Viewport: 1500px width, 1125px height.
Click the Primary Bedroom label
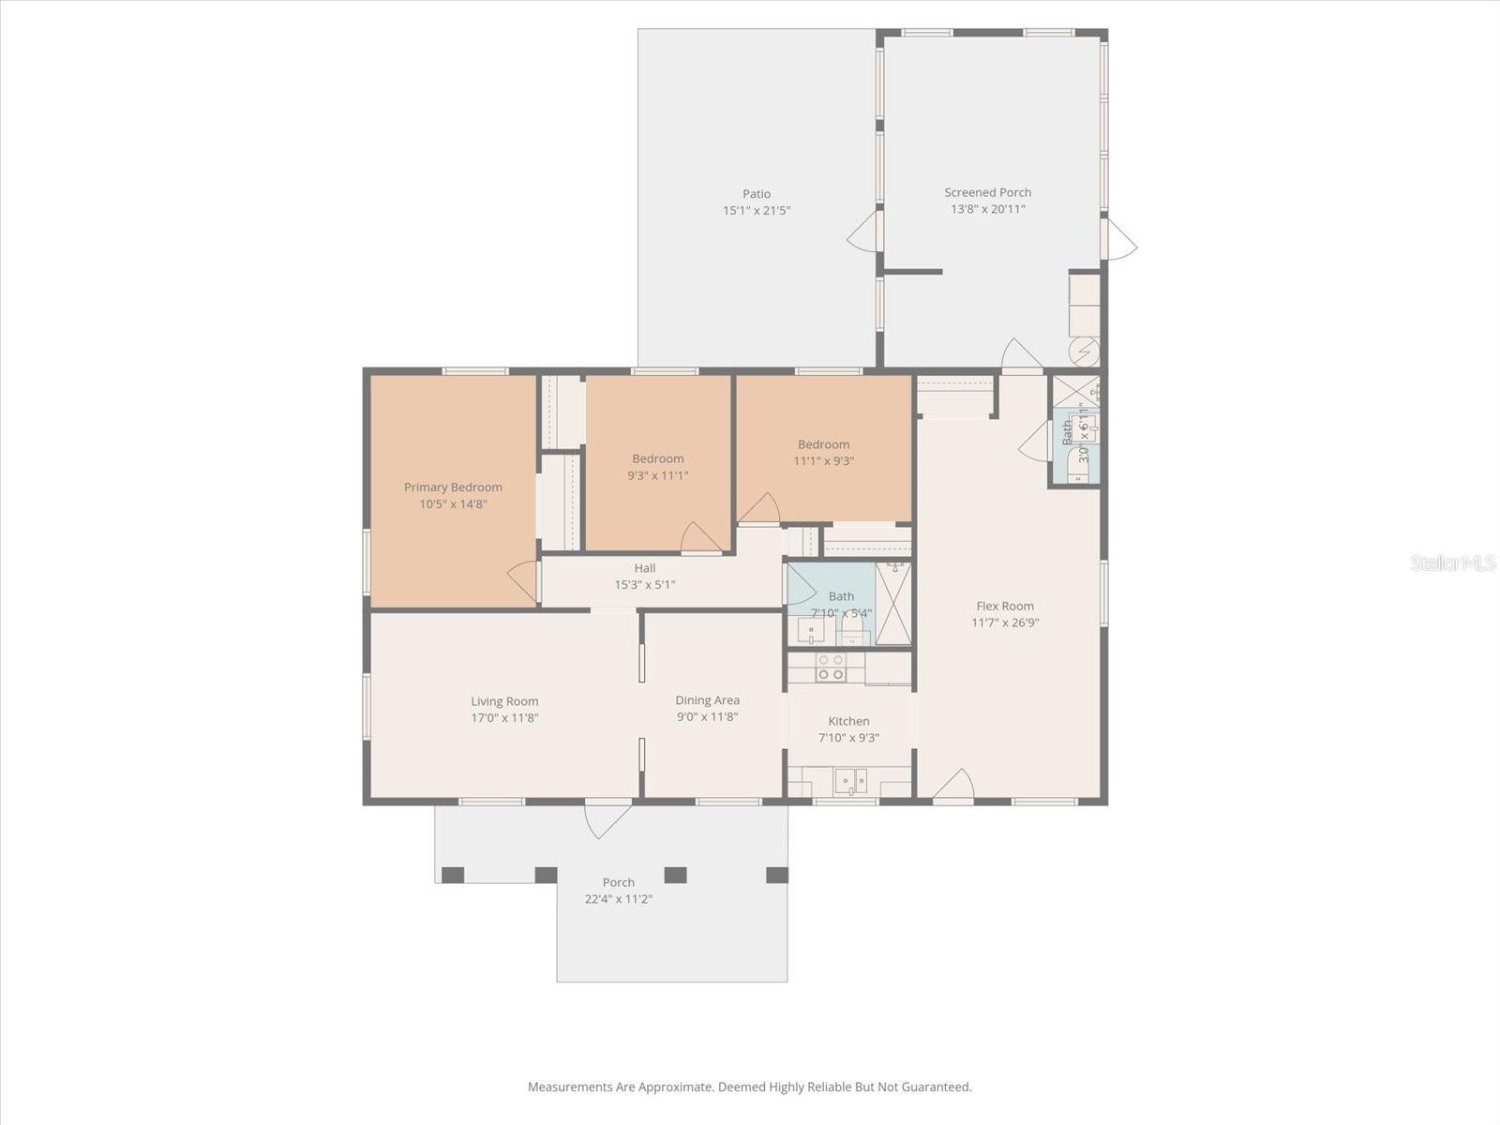[453, 487]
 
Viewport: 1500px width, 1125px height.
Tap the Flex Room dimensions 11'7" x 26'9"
[1005, 622]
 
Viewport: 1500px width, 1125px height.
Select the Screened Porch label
[987, 192]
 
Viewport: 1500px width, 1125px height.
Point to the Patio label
[757, 194]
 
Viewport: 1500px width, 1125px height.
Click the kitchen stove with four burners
[831, 667]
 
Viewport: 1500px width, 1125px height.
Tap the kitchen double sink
[852, 780]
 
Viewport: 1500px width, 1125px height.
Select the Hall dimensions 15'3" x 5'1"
[644, 585]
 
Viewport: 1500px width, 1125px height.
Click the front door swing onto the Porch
[607, 817]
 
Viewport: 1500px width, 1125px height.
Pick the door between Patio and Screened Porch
[863, 231]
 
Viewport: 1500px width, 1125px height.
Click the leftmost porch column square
[453, 875]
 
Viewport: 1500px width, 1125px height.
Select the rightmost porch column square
[777, 875]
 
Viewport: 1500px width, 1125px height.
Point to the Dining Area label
[707, 700]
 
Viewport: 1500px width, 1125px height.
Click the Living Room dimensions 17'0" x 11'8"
[504, 718]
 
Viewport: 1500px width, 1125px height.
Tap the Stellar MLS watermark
[1452, 562]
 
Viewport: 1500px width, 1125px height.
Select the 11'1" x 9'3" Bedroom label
[823, 444]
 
